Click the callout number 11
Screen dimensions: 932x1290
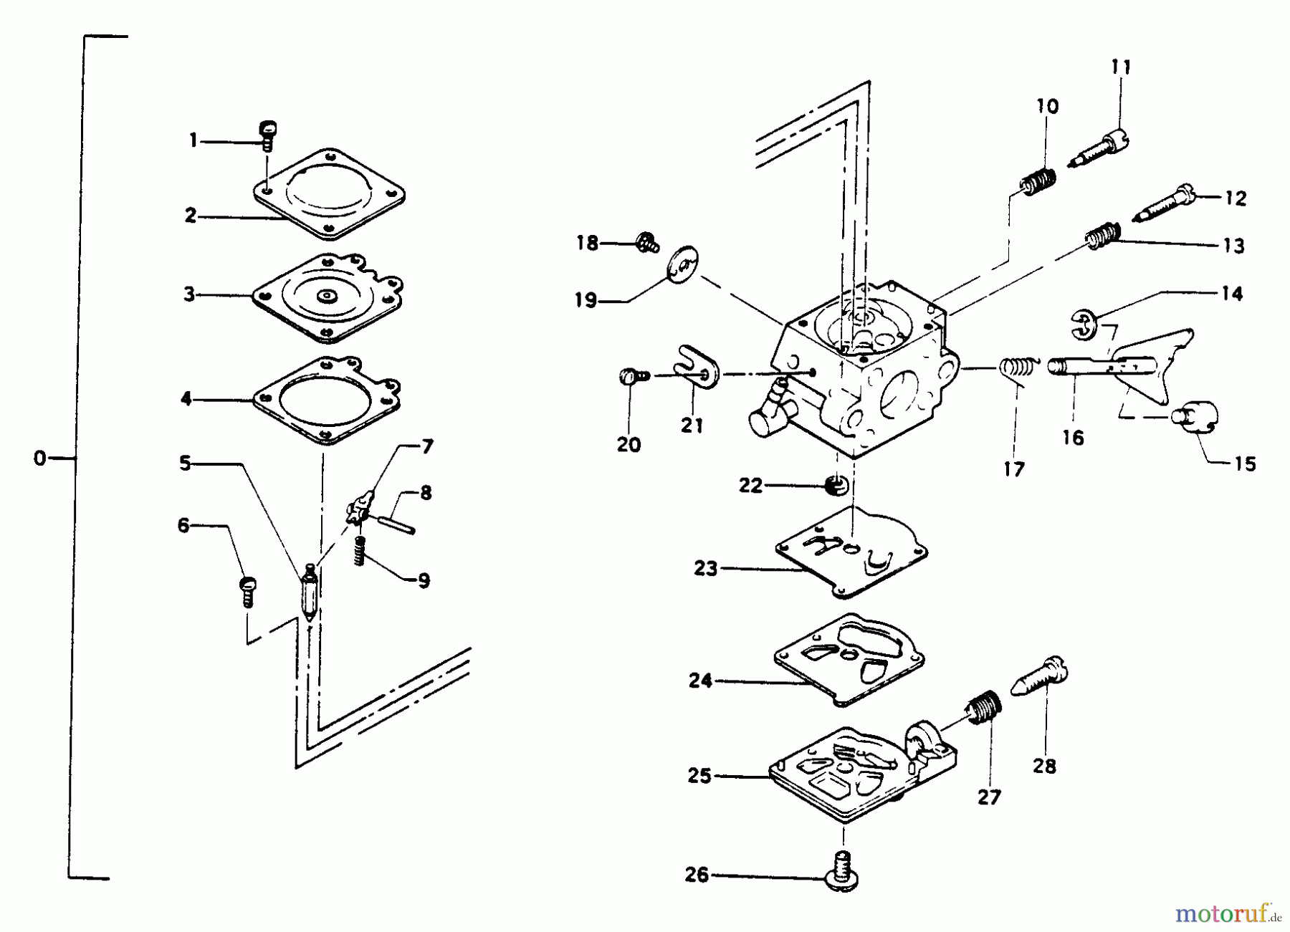[x=1121, y=68]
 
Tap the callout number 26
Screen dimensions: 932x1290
[x=697, y=875]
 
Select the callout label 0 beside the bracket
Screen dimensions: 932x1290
[x=39, y=458]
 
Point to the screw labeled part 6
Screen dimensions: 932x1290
[x=247, y=591]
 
